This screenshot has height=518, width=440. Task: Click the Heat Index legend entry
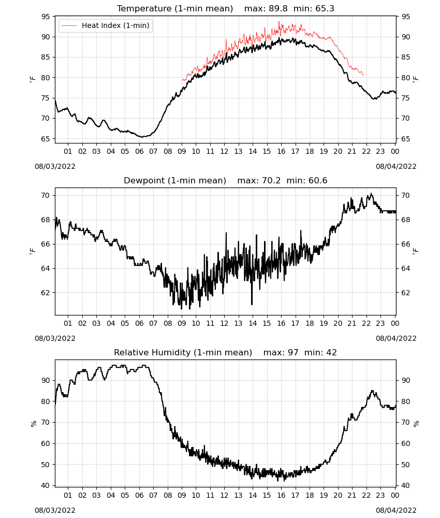click(x=105, y=25)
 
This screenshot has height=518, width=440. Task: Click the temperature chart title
click(x=226, y=8)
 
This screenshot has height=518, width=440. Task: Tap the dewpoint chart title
click(x=226, y=180)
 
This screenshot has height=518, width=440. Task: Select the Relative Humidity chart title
click(x=226, y=352)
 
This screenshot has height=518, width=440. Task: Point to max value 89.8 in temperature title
click(x=278, y=8)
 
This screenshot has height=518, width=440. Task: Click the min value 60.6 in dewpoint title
click(x=318, y=180)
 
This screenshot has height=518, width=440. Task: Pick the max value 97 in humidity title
click(x=293, y=352)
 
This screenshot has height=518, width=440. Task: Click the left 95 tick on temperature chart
click(x=46, y=17)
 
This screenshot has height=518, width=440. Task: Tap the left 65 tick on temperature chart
click(x=46, y=139)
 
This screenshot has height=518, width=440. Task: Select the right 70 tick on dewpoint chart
click(x=405, y=196)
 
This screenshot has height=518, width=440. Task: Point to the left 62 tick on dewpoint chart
click(x=46, y=293)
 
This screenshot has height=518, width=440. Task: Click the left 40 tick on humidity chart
click(x=46, y=486)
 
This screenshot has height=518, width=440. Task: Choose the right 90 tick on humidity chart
click(x=405, y=380)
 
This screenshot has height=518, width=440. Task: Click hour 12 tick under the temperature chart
click(x=225, y=151)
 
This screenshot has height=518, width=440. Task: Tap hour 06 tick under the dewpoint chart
click(x=139, y=323)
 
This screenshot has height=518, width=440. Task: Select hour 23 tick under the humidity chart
click(x=380, y=495)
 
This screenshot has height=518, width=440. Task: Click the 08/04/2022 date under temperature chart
click(x=396, y=166)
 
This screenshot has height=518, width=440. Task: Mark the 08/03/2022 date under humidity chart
click(x=55, y=510)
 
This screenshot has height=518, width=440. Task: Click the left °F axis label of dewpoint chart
click(x=32, y=251)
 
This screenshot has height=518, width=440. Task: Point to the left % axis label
click(x=33, y=424)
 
